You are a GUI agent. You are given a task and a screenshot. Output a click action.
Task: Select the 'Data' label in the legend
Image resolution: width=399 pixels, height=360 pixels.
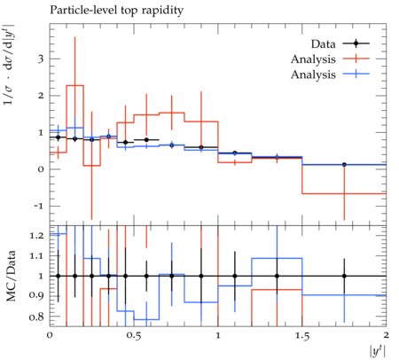(323, 44)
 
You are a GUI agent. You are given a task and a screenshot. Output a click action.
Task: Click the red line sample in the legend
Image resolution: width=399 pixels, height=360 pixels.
(356, 59)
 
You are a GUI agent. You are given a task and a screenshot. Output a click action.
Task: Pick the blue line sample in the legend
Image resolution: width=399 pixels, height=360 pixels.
(356, 74)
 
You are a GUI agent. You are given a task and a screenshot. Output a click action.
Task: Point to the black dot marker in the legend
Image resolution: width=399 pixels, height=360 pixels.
(356, 43)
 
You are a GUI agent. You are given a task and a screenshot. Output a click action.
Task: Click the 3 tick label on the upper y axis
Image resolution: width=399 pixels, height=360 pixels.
(41, 59)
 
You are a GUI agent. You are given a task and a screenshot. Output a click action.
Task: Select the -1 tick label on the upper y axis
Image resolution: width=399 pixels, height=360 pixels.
(38, 206)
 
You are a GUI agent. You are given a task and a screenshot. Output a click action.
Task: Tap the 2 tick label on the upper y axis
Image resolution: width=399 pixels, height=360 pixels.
(41, 96)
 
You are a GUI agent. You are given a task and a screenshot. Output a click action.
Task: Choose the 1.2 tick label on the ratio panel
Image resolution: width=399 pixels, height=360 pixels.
(36, 236)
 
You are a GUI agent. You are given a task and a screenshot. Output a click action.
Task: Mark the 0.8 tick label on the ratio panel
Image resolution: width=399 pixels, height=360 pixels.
(36, 317)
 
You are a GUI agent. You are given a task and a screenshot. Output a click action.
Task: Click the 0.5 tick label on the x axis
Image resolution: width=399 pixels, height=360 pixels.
(134, 336)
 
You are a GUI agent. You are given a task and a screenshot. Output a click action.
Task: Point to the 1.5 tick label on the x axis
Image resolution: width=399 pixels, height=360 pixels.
(302, 336)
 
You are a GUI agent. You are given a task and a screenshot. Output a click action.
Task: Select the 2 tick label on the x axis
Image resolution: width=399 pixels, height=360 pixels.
(386, 335)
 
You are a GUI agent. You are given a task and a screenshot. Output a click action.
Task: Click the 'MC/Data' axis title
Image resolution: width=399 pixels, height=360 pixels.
(11, 276)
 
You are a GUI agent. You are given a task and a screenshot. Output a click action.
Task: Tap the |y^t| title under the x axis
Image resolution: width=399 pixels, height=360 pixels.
(378, 351)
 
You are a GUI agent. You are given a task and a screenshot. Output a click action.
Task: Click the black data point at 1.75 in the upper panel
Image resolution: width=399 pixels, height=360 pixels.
(344, 165)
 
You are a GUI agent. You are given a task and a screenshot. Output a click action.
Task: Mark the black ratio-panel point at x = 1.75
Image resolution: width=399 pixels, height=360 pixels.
(344, 276)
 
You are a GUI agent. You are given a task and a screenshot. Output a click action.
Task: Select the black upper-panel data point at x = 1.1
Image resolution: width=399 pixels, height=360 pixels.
(235, 153)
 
